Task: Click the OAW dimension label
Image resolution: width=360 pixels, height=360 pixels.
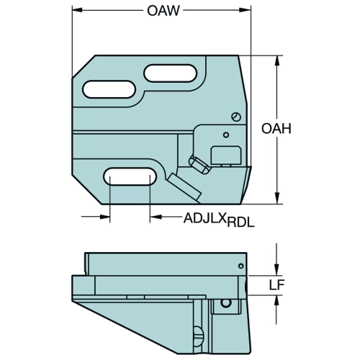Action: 163,11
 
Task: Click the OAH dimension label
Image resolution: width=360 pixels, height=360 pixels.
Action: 276,128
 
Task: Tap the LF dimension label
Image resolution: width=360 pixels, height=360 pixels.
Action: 276,285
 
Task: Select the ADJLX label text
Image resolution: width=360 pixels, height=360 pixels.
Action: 205,218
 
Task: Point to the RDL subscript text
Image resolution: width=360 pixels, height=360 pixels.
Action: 240,223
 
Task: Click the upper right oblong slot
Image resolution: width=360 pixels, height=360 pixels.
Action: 171,73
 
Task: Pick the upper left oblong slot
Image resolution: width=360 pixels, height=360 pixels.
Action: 109,89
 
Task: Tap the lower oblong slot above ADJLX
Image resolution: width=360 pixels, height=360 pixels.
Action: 130,176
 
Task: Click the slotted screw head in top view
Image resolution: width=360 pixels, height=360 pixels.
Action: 236,117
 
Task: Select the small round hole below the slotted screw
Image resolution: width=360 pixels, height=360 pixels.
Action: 226,135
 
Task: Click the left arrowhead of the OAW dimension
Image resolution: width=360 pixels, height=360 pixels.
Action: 77,10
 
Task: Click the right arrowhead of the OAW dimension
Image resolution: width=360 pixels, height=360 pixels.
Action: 246,10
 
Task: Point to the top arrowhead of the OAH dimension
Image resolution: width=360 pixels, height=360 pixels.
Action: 277,60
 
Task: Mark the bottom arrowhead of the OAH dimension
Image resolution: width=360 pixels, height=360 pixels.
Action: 277,199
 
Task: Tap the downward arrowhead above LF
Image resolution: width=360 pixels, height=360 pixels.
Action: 277,270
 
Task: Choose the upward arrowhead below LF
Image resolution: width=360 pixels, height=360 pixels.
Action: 277,301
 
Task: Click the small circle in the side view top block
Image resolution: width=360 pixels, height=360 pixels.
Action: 241,266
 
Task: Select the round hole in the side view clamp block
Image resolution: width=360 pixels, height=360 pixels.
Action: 225,303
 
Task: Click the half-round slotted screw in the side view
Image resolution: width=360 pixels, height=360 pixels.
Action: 199,332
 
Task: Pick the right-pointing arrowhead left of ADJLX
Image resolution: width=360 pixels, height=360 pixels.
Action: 105,217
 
